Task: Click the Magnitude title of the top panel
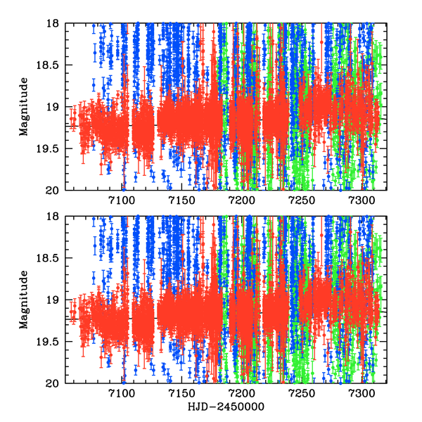pos(24,106)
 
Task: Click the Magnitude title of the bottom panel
pos(24,300)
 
